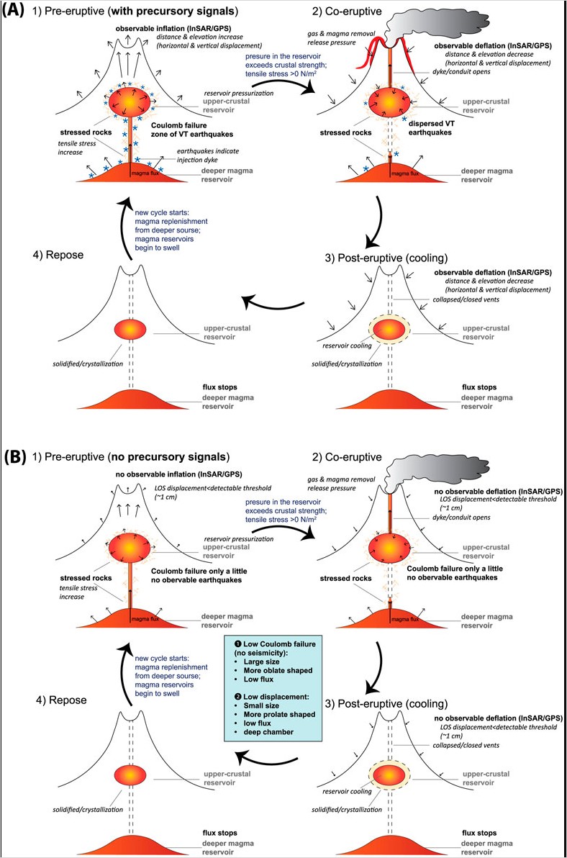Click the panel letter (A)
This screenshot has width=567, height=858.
pyautogui.click(x=17, y=13)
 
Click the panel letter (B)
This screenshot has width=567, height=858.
pyautogui.click(x=17, y=456)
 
